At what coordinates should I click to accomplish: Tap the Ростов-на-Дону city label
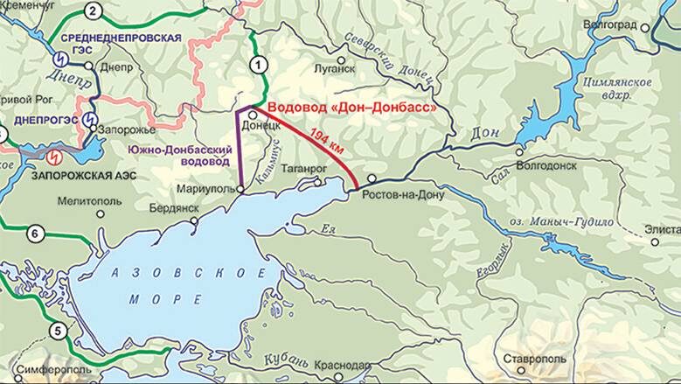(403, 194)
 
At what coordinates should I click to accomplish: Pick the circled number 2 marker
(94, 11)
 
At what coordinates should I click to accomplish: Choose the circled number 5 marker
(58, 331)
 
